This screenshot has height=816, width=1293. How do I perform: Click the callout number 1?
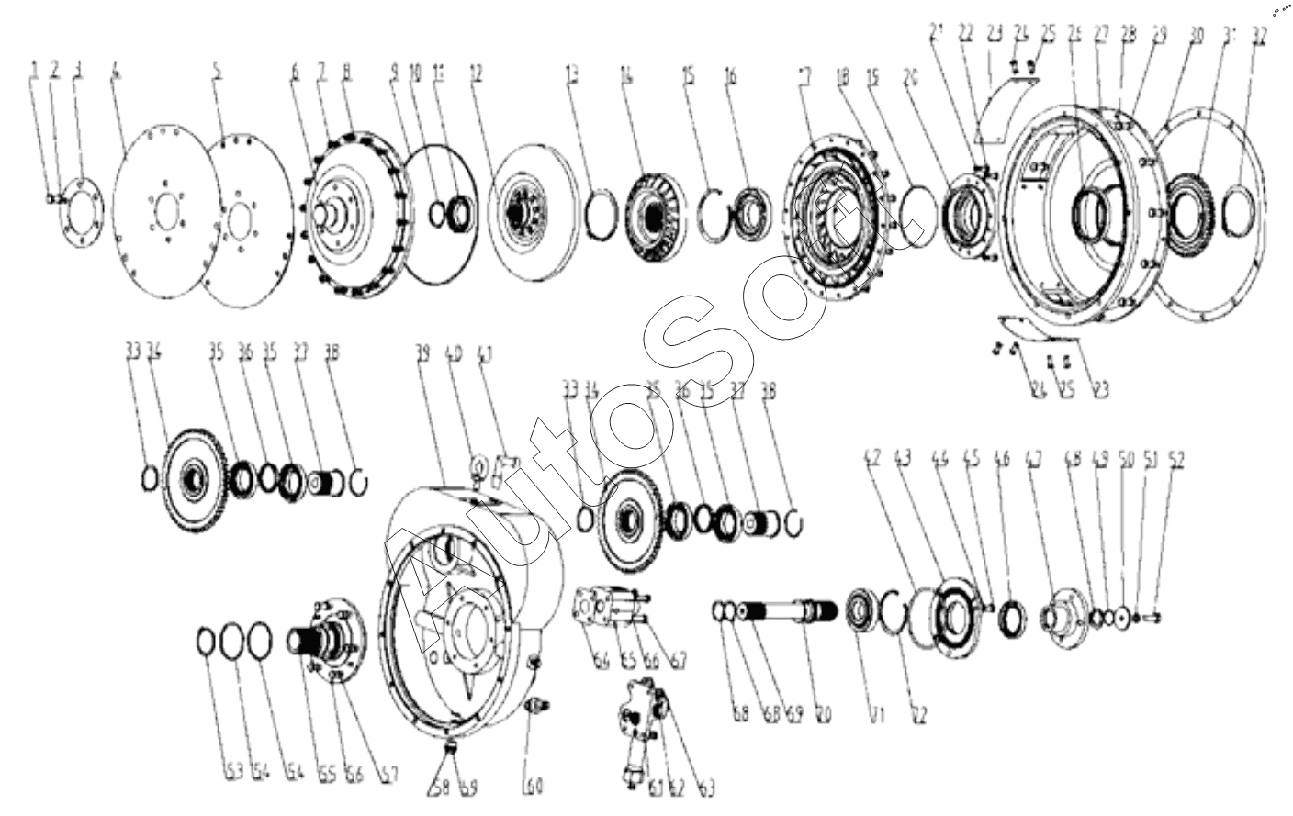click(x=35, y=69)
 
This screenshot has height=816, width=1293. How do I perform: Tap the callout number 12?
click(x=476, y=73)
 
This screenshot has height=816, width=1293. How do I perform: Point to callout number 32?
click(x=1259, y=37)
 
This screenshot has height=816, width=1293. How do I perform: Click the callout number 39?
click(x=423, y=352)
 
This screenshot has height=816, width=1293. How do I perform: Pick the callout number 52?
click(x=1176, y=461)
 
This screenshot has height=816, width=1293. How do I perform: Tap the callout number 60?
click(x=533, y=786)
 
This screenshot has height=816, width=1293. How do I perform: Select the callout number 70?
click(x=823, y=713)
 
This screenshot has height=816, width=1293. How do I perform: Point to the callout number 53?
click(x=233, y=772)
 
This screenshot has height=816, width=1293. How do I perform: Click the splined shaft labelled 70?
click(x=790, y=609)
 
